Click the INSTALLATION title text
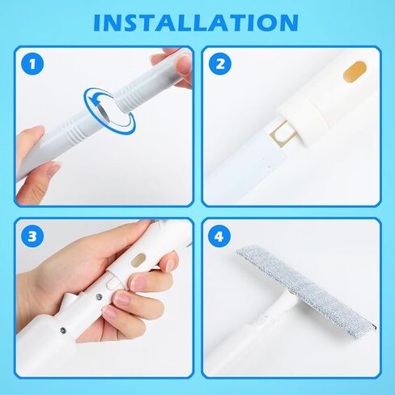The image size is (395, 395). coord(196,23)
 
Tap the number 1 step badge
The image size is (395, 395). coord(32,64)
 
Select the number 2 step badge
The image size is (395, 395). coord(220,64)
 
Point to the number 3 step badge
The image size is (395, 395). coord(32,236)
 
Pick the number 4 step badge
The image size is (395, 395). coord(220,236)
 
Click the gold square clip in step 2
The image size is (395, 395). coord(283,134)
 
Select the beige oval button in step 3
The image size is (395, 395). coord(140,260)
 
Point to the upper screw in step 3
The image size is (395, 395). coord(99,297)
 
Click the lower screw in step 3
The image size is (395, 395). coord(64,329)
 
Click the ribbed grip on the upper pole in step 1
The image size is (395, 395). coord(130,96)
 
